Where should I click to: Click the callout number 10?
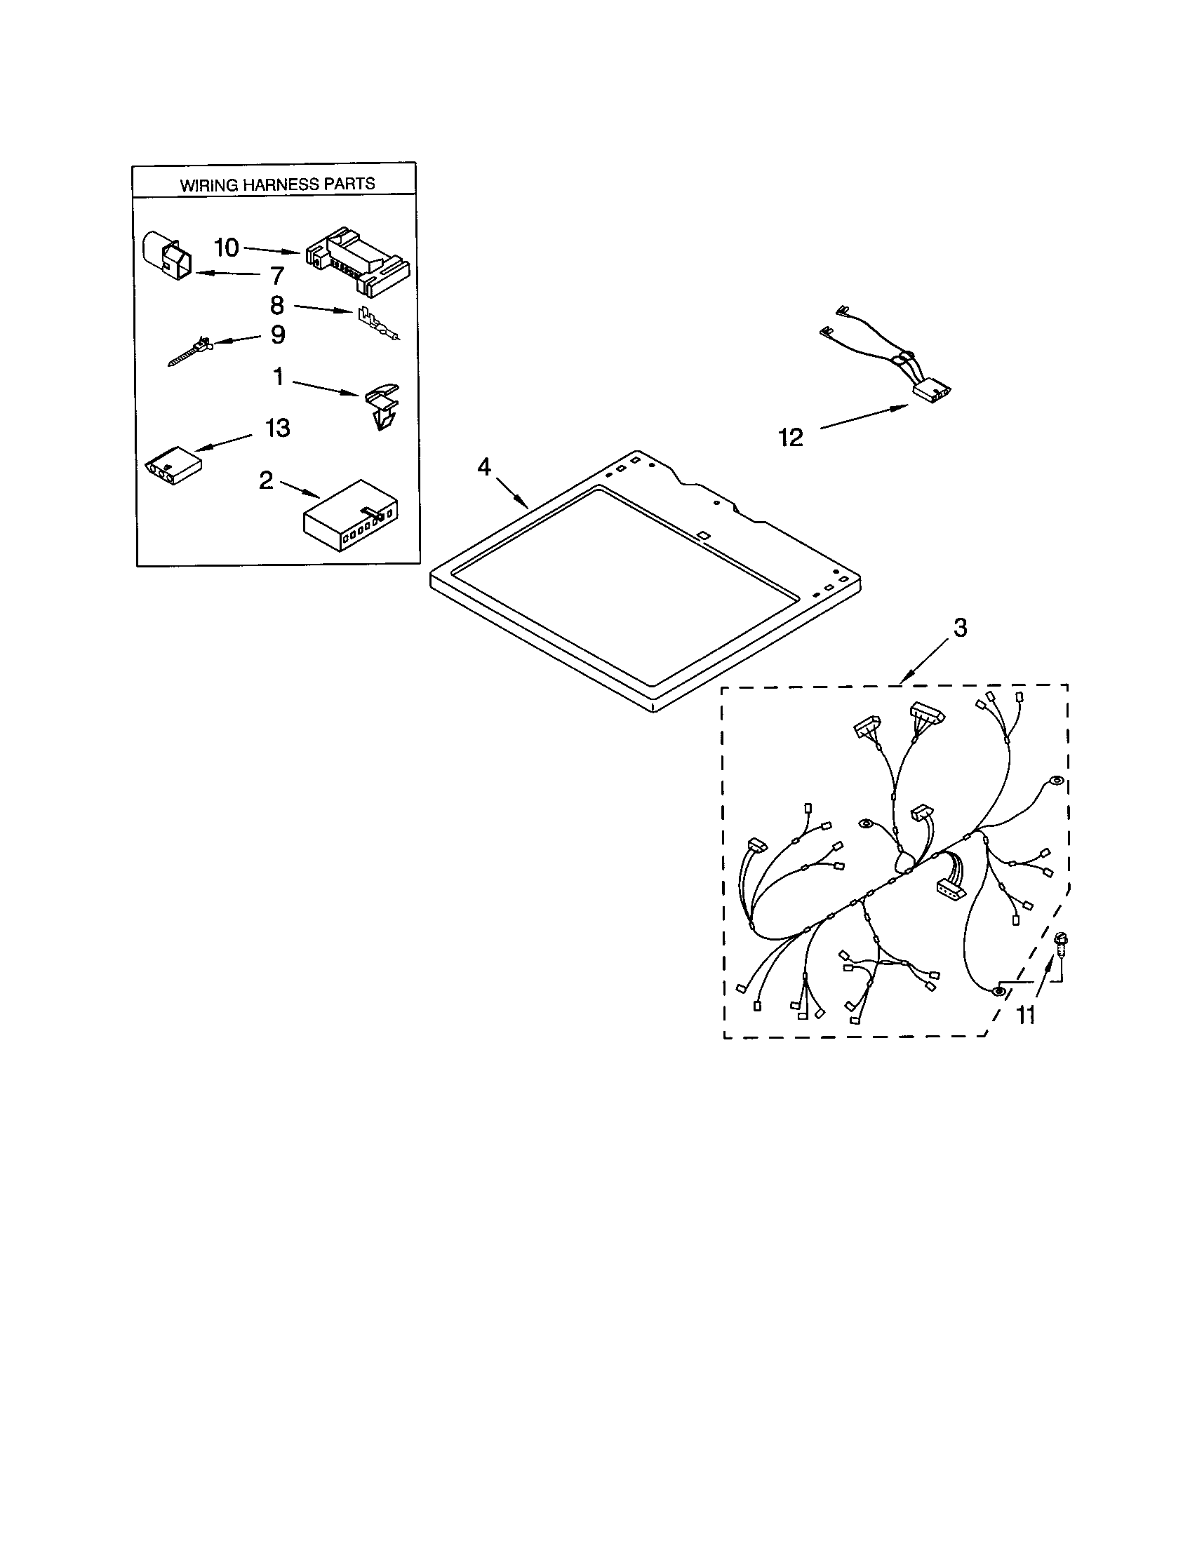(x=226, y=248)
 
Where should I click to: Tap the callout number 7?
(x=276, y=276)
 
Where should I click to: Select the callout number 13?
(x=277, y=428)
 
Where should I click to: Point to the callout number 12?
(x=791, y=438)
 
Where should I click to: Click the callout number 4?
(x=484, y=466)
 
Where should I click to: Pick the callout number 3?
(x=960, y=628)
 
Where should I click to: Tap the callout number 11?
(x=1025, y=1016)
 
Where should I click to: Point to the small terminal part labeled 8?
(x=376, y=323)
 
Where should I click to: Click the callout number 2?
(x=266, y=480)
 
